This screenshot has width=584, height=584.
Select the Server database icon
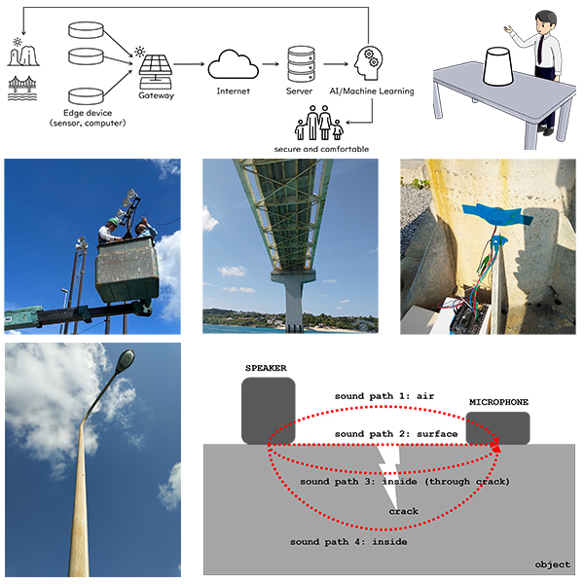(301, 63)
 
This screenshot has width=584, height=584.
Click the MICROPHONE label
(498, 401)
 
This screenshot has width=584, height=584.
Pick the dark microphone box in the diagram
(498, 428)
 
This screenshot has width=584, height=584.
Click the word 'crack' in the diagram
(404, 511)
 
